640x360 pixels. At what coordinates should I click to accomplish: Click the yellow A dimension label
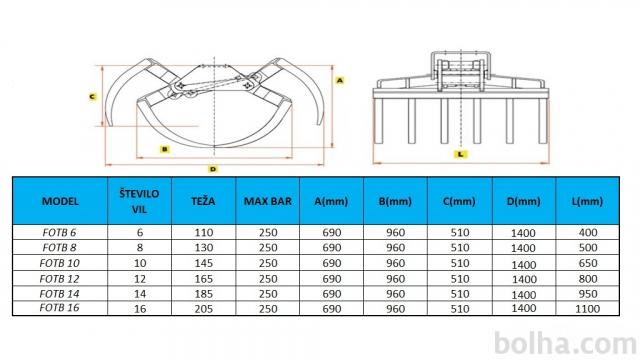coord(340,80)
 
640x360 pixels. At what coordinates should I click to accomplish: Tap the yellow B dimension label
coord(164,149)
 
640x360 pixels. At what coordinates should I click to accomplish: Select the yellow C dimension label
coord(93,97)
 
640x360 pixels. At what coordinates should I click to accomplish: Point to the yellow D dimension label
coord(213,169)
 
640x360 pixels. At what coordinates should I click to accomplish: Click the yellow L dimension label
coord(460,154)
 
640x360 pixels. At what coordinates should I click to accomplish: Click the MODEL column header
coord(60,201)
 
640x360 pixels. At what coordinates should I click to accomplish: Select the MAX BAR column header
coord(268,201)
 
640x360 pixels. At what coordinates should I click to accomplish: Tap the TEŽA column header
coord(203,200)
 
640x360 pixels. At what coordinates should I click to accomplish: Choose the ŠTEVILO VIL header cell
coord(139,201)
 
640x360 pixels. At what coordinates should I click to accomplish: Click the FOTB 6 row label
coord(60,232)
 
